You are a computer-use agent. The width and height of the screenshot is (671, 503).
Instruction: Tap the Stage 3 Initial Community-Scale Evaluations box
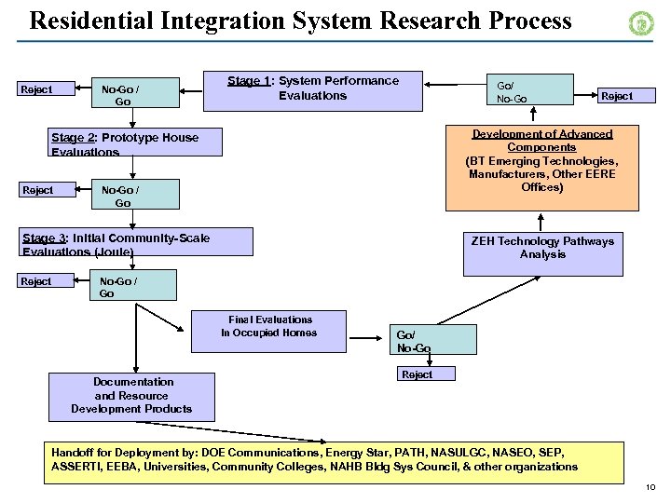[137, 243]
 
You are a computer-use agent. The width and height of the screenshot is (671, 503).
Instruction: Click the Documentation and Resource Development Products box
[133, 396]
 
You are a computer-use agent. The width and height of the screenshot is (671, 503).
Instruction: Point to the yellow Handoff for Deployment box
[334, 460]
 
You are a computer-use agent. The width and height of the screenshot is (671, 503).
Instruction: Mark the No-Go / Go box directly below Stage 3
[126, 285]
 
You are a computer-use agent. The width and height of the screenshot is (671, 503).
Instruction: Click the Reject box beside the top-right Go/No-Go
[616, 96]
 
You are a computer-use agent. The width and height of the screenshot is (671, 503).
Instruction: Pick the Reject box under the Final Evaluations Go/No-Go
[417, 374]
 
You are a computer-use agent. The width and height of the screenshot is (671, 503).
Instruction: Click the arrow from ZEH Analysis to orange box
[541, 221]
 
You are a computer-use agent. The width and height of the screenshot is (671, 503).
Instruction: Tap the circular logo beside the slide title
[641, 23]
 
